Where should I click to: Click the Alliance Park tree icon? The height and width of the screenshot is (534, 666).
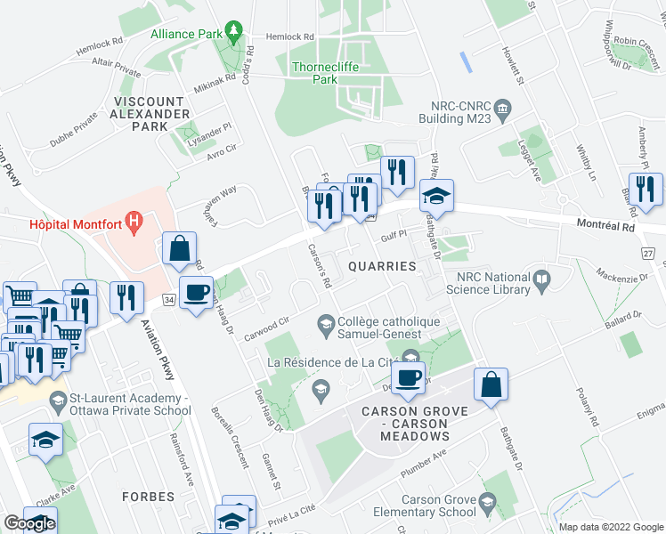pyautogui.click(x=234, y=33)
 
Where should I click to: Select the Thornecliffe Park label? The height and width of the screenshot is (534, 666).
pyautogui.click(x=318, y=71)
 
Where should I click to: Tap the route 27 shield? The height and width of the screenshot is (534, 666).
pyautogui.click(x=647, y=254)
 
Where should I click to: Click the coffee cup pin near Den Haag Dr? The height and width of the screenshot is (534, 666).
pyautogui.click(x=196, y=292)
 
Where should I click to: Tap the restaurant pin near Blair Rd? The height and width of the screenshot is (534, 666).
pyautogui.click(x=646, y=189)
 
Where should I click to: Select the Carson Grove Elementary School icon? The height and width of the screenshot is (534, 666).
pyautogui.click(x=486, y=505)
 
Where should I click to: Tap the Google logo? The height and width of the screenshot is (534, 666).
pyautogui.click(x=29, y=523)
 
